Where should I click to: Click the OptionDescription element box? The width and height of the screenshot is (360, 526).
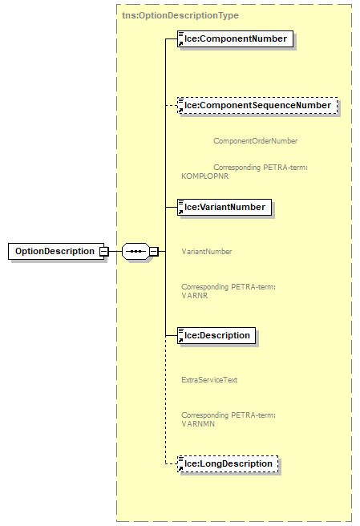54,251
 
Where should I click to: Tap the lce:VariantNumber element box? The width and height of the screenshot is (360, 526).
224,207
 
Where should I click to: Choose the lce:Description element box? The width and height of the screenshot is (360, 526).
216,335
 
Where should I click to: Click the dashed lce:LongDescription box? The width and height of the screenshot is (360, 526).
228,463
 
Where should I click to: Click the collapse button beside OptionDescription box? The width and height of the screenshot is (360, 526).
103,251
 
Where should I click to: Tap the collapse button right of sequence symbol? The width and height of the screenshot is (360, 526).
154,251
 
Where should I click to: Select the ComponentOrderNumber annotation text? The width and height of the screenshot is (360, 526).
255,141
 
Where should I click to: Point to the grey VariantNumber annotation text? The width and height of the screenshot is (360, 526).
207,252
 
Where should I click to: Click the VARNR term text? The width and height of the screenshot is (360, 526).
192,294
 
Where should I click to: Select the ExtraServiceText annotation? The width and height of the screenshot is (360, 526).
209,380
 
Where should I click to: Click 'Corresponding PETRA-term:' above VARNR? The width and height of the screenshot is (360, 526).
229,286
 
